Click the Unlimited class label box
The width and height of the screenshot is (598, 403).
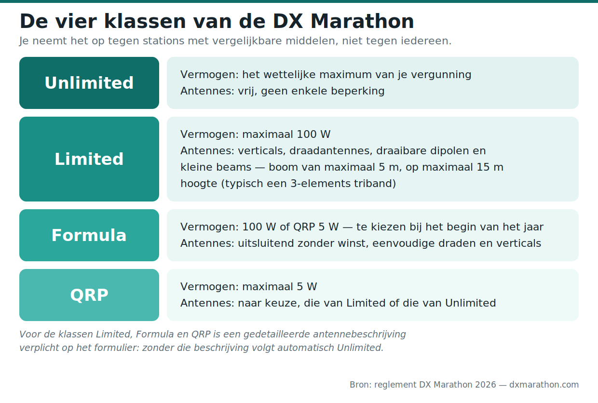[x=89, y=83]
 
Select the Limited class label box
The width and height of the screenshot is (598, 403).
[x=89, y=159]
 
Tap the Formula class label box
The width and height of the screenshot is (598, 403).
[x=89, y=235]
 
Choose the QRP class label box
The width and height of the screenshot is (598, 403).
[x=89, y=295]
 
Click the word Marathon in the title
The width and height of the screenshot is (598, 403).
[x=362, y=21]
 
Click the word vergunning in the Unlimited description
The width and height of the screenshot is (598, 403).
[x=441, y=75]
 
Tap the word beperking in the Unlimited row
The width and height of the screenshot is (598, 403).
[x=358, y=91]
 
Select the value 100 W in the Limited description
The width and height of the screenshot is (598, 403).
[x=313, y=134]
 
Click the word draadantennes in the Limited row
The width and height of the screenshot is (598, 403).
[x=331, y=151]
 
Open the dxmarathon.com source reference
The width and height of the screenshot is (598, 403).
[x=544, y=385]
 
